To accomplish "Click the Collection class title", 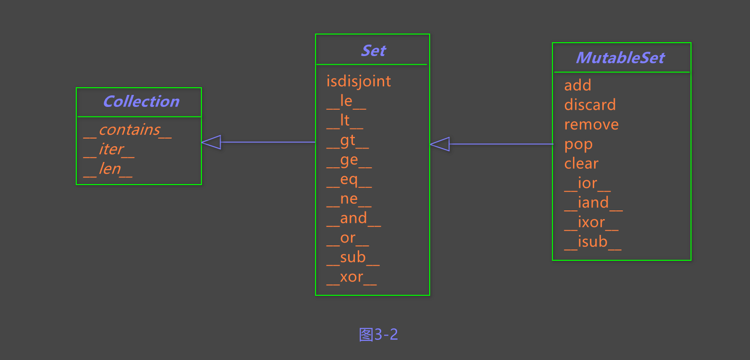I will click(x=141, y=102).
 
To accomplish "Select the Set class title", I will click(x=373, y=50).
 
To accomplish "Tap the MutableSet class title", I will click(x=620, y=58).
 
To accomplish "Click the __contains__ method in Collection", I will click(x=127, y=130).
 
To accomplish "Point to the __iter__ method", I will click(x=109, y=150).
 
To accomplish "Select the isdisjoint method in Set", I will click(x=359, y=81).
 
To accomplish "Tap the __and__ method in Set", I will click(x=353, y=219).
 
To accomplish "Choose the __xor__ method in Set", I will click(x=352, y=277).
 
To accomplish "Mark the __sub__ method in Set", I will click(x=353, y=257).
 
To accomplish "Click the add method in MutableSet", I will click(x=577, y=85).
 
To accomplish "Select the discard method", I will click(x=590, y=105).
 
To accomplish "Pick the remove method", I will click(x=591, y=125).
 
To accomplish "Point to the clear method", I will click(x=581, y=163).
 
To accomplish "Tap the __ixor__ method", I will click(x=591, y=222).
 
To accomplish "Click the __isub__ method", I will click(x=593, y=242).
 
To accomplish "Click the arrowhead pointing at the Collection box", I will click(x=211, y=142).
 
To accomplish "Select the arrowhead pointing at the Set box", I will click(x=440, y=144).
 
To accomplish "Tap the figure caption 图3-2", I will click(x=378, y=334).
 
